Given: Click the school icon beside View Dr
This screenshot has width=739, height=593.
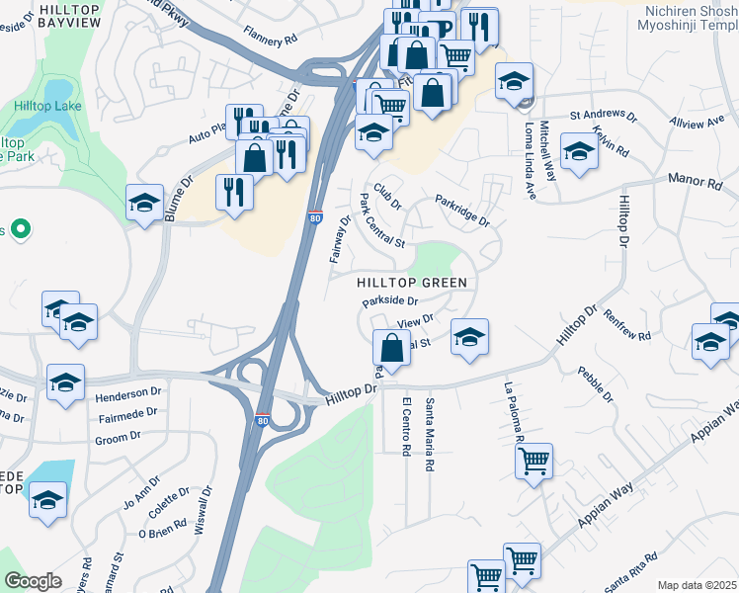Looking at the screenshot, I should [x=470, y=336].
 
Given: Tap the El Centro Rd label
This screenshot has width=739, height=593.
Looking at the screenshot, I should [x=406, y=426].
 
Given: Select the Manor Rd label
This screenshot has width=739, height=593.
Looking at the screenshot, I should [x=701, y=182].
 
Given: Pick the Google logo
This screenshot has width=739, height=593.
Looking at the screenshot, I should [x=33, y=581].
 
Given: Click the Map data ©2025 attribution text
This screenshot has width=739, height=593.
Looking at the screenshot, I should [x=697, y=585].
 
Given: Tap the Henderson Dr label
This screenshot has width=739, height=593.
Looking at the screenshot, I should [x=127, y=393].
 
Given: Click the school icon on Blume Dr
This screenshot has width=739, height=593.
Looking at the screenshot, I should [x=144, y=204].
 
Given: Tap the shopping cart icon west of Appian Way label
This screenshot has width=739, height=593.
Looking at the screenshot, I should [x=534, y=460].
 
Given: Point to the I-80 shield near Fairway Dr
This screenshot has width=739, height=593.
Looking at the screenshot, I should [x=312, y=216].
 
